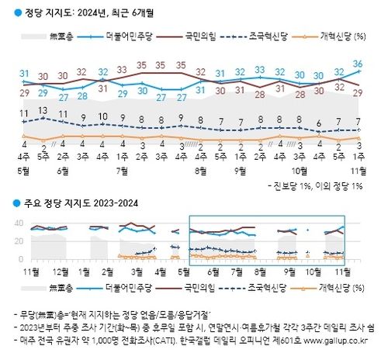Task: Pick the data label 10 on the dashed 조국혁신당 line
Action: tap(102, 117)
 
